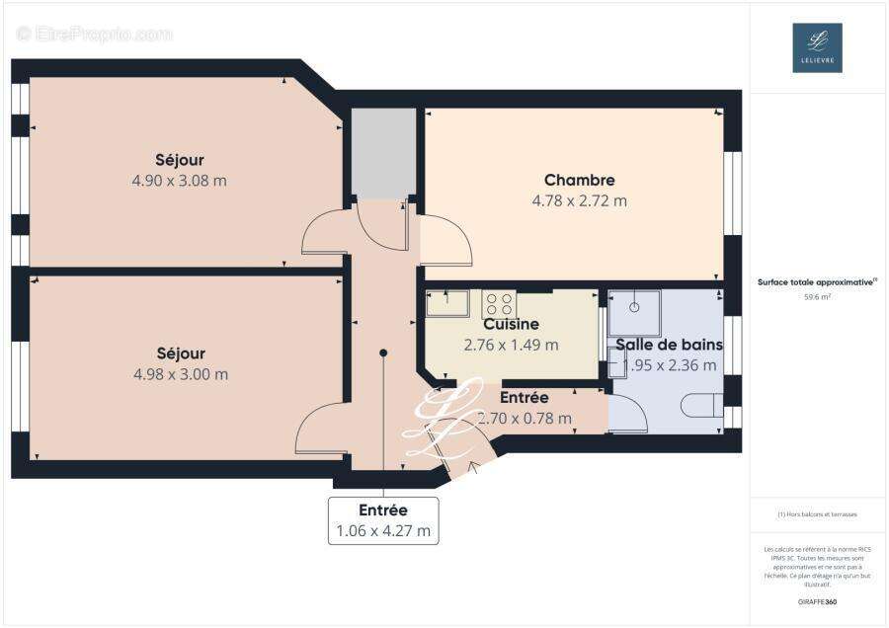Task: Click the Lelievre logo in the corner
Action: [817, 47]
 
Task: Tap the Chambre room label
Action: [579, 180]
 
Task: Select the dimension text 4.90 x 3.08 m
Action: [180, 181]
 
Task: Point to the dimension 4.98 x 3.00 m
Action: [180, 374]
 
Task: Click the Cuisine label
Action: [511, 324]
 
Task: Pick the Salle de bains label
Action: [669, 345]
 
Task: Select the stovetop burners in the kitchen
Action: [499, 303]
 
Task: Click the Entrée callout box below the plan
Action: [383, 519]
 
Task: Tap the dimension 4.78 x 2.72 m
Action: [579, 200]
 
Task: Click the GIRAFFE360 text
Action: [817, 601]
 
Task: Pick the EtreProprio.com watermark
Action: [95, 34]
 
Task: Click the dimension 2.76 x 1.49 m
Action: [511, 345]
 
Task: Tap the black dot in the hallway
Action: [383, 353]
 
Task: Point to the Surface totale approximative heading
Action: [816, 281]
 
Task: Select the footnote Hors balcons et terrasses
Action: [817, 514]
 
